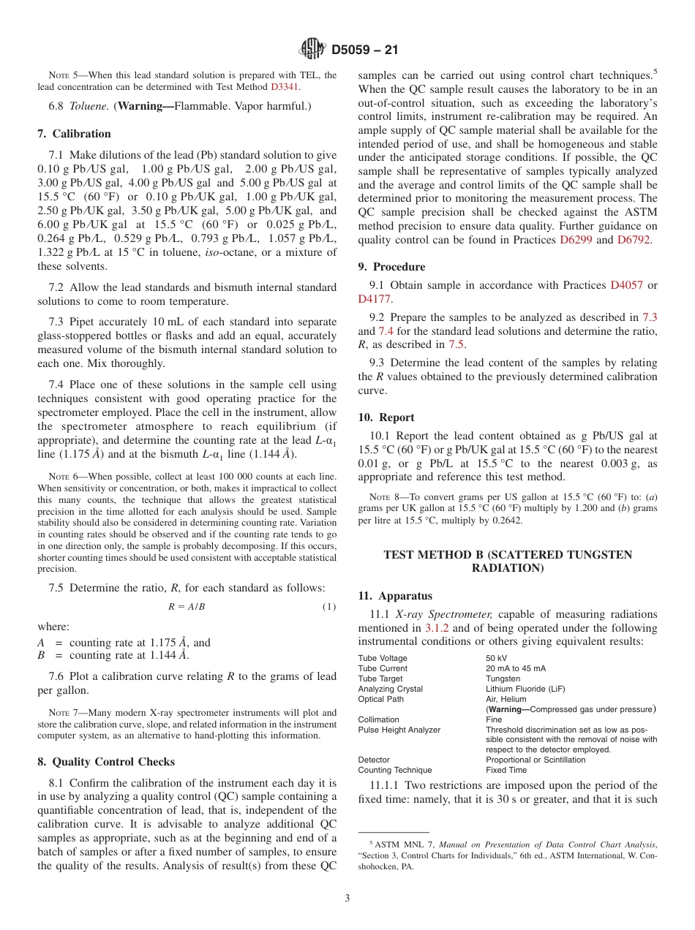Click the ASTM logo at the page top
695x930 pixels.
coord(312,50)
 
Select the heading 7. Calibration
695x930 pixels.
coord(74,134)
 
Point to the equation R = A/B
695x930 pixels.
coord(187,607)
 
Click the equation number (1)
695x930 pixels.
coord(328,607)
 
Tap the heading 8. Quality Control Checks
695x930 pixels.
coord(105,762)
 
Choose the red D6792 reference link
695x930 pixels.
coord(634,239)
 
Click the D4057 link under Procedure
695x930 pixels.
coord(626,285)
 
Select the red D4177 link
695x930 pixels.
coord(374,299)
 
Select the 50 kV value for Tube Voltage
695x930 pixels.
coord(497,658)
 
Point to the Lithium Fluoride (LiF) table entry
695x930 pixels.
coord(525,689)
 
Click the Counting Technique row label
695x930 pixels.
coord(394,770)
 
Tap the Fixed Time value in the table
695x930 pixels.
coord(506,770)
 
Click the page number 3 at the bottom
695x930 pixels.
coord(347,899)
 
